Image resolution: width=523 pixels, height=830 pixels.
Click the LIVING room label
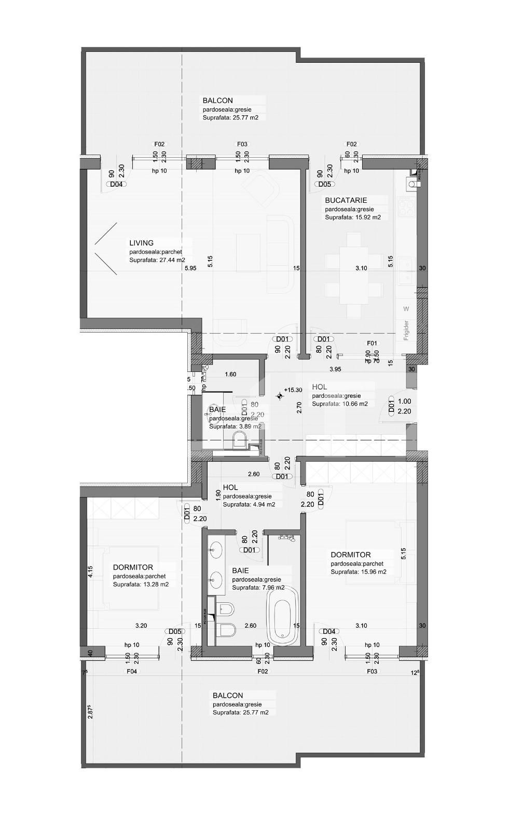click(x=142, y=243)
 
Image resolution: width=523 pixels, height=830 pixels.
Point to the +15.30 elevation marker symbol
click(x=280, y=397)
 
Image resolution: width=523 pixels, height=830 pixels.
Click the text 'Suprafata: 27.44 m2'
click(x=157, y=260)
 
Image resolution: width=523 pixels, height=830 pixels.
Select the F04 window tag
click(x=132, y=671)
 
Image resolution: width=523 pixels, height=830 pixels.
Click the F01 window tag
click(x=372, y=343)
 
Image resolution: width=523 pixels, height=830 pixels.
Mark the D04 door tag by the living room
click(x=115, y=184)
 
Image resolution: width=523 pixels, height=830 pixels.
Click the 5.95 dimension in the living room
click(x=190, y=268)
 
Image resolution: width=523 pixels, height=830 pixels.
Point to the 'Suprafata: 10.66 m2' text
click(x=340, y=404)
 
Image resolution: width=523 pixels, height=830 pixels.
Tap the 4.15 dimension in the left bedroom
click(x=90, y=571)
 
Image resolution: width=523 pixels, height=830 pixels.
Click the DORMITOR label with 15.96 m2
click(x=351, y=555)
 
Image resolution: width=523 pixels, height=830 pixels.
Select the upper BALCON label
click(x=218, y=101)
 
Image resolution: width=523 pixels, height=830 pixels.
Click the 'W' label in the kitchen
click(x=406, y=309)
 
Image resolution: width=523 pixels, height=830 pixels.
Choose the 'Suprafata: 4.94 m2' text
click(x=249, y=504)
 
